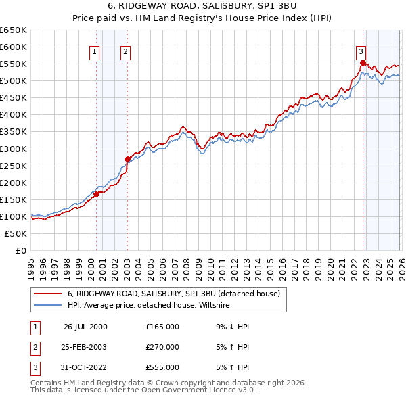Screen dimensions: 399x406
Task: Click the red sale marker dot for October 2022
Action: click(363, 63)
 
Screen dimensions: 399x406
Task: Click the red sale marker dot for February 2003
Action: click(127, 160)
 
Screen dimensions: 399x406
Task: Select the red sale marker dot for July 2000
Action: click(96, 195)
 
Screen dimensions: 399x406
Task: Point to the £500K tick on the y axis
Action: click(14, 81)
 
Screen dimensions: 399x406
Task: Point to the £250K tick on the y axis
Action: click(14, 166)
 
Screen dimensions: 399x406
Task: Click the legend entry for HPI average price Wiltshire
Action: click(149, 306)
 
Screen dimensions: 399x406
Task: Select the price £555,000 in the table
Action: click(162, 367)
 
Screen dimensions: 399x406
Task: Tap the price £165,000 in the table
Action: click(162, 327)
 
